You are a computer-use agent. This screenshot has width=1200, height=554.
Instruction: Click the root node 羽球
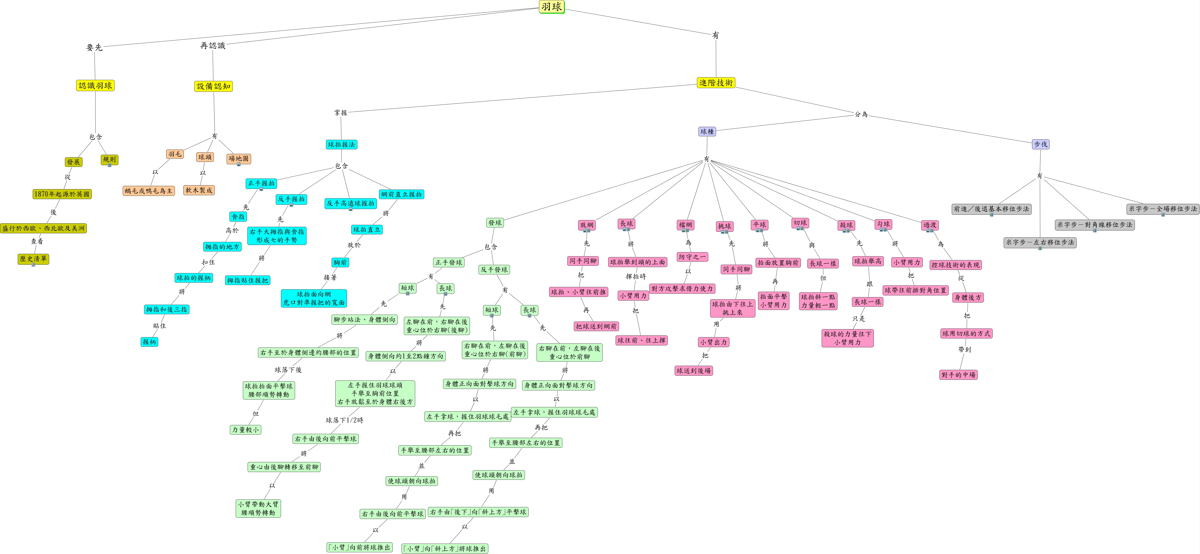point(552,6)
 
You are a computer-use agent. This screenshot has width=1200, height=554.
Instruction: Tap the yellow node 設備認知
point(213,86)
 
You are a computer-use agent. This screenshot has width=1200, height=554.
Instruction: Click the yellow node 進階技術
point(716,82)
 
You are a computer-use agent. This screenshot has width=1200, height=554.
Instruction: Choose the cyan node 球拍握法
point(342,144)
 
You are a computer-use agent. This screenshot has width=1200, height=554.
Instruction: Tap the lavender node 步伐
point(1041,144)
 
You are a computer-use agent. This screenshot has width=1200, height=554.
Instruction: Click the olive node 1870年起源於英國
point(62,194)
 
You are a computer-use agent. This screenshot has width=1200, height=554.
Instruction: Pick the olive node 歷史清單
point(33,259)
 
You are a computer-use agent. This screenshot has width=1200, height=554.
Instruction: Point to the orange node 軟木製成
point(199,190)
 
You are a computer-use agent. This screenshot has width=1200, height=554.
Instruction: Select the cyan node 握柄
point(150,341)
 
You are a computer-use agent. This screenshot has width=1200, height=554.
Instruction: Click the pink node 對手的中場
point(958,375)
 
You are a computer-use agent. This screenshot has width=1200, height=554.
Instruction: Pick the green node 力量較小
point(245,430)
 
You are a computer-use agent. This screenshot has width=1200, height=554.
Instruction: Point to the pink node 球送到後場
point(694,370)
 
